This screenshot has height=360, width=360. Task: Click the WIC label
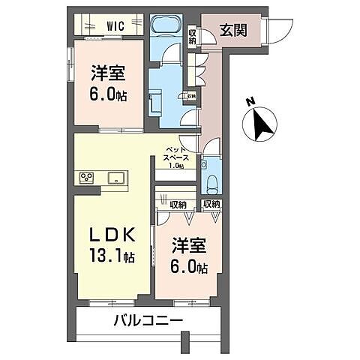point(115,26)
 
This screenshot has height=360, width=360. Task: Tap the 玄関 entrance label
point(232,31)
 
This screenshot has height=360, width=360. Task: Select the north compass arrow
point(261,123)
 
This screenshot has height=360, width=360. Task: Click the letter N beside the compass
point(250,102)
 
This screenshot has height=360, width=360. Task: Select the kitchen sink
point(115,178)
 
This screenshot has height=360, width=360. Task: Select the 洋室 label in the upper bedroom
point(107,73)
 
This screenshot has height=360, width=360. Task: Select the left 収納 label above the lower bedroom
point(178,204)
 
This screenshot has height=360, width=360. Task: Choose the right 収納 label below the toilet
point(211,204)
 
